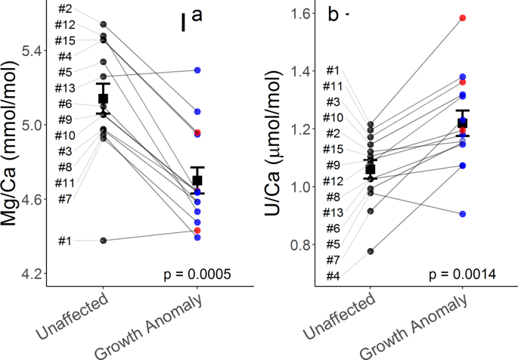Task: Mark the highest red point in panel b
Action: point(462,17)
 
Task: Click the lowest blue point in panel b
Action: point(462,214)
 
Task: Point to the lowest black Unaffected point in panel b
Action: point(370,251)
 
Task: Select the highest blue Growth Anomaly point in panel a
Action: point(197,70)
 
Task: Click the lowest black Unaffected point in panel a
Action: point(104,241)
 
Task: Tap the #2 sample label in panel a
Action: point(64,8)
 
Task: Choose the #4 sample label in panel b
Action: point(333,275)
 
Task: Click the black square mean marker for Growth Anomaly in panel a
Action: point(197,180)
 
